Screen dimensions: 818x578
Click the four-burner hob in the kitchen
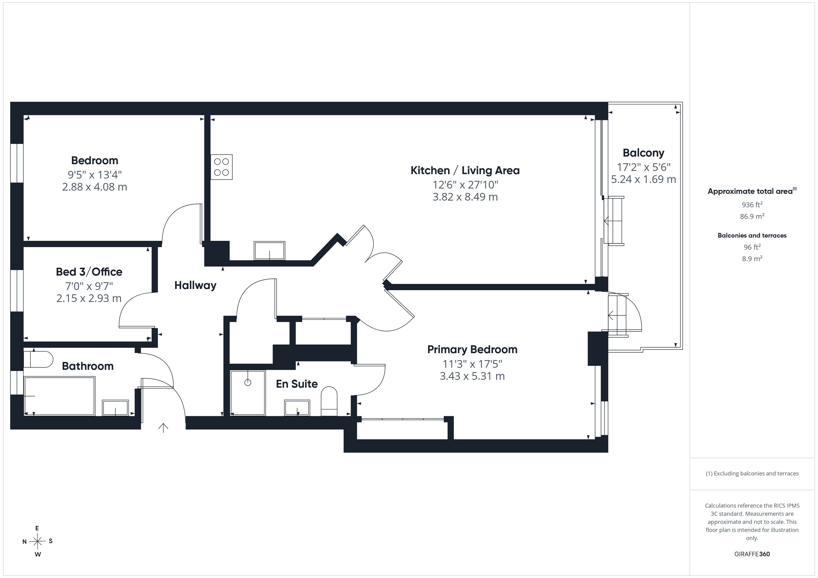[221, 167]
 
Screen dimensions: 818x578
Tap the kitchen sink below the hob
[269, 251]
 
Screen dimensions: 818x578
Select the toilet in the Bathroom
[38, 359]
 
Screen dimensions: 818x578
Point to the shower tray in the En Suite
[248, 393]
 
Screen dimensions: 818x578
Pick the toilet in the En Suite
[329, 401]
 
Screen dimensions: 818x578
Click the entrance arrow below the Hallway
[163, 428]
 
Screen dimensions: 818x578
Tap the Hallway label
[195, 286]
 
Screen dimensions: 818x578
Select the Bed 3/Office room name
[89, 272]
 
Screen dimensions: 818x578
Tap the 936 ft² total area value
[752, 205]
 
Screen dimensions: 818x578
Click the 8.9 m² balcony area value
[752, 259]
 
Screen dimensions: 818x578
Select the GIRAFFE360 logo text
[752, 554]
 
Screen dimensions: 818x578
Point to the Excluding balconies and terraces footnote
[752, 473]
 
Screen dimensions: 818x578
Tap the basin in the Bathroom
[115, 408]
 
